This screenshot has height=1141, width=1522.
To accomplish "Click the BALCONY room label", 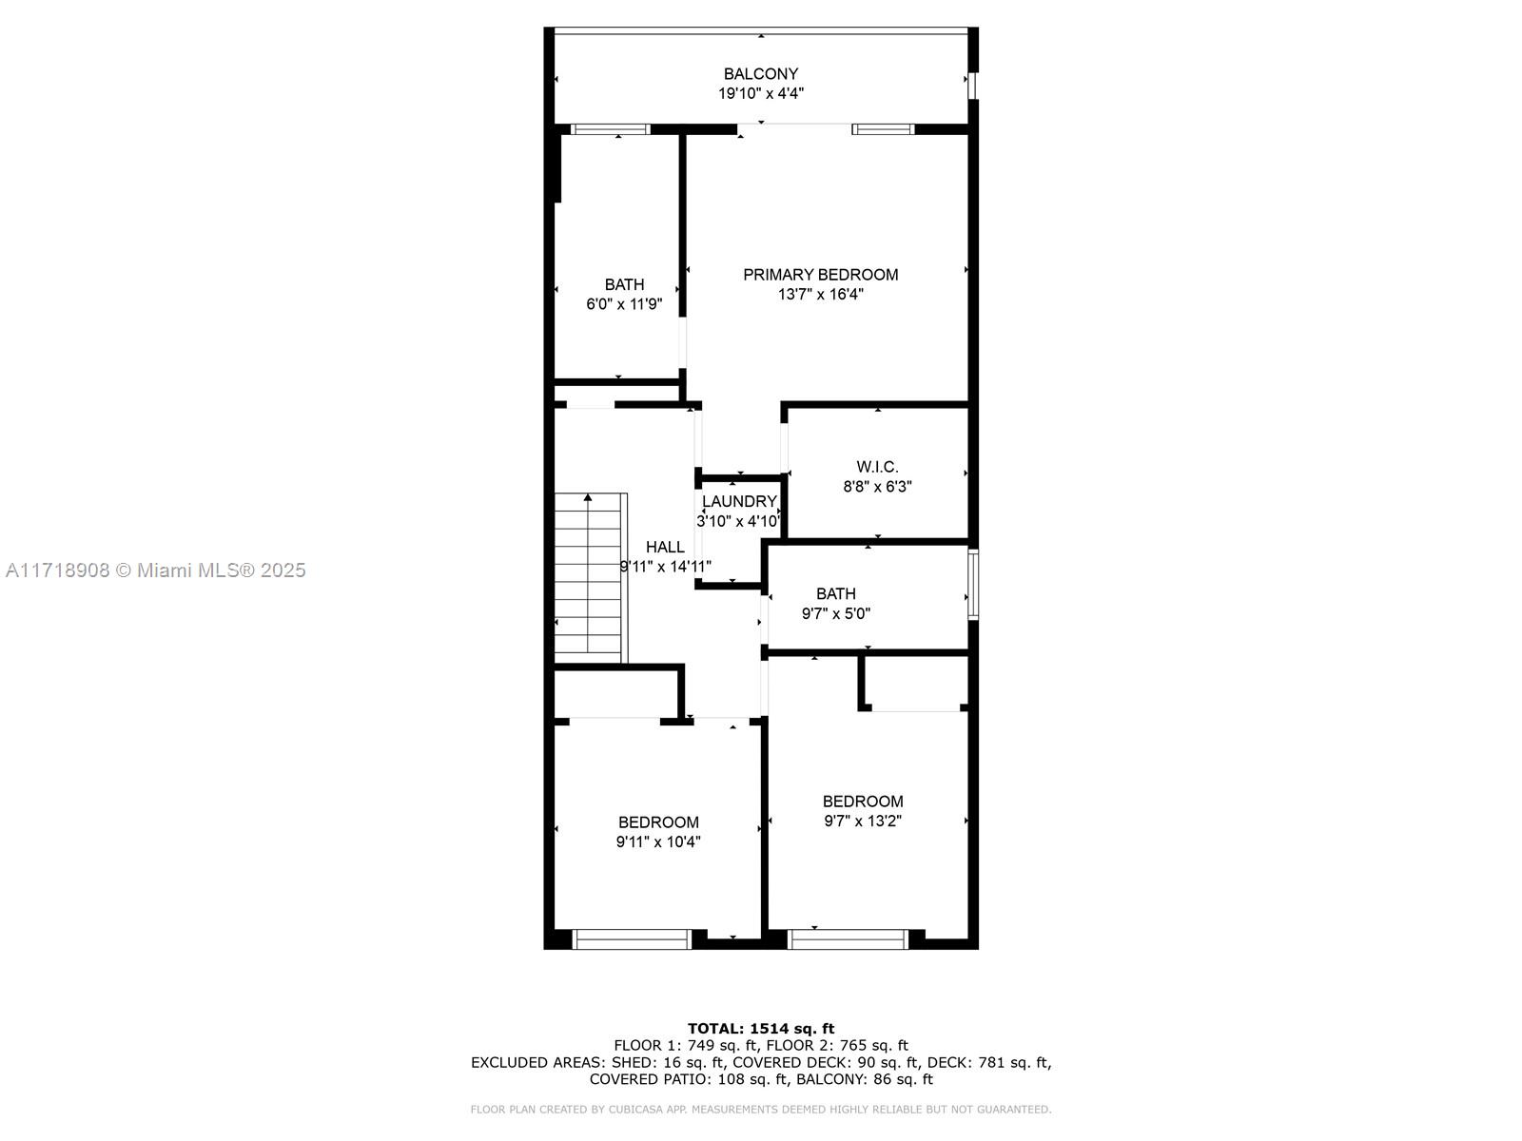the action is click(761, 73).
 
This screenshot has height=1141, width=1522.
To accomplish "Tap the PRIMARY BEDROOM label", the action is click(820, 275).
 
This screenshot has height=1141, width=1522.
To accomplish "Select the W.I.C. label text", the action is click(877, 467).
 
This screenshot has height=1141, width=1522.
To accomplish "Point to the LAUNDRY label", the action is click(739, 502).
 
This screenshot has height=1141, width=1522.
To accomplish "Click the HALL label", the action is click(665, 548).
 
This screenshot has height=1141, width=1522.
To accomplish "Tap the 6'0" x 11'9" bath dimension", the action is click(624, 304).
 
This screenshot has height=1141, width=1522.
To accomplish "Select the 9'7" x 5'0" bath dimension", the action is click(835, 614).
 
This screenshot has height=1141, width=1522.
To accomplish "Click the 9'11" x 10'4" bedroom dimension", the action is click(658, 842).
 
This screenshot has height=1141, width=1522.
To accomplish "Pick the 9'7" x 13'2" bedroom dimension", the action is click(863, 822).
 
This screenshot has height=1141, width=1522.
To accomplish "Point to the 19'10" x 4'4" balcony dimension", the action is click(761, 93).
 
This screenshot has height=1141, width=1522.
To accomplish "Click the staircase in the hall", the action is click(591, 578).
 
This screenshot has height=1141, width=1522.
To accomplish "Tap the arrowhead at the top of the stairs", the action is click(588, 496).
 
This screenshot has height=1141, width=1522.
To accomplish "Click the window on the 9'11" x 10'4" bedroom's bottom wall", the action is click(632, 939).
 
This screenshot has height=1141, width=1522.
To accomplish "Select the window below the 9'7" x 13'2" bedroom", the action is click(848, 939).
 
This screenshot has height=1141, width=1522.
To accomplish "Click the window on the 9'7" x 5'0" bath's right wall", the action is click(973, 584).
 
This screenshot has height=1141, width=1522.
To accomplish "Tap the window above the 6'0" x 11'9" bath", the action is click(610, 129).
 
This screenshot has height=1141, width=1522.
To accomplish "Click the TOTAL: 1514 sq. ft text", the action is click(761, 1029).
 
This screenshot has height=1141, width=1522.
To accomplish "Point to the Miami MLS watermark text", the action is click(155, 570).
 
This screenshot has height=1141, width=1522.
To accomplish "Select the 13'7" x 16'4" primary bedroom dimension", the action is click(820, 295).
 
